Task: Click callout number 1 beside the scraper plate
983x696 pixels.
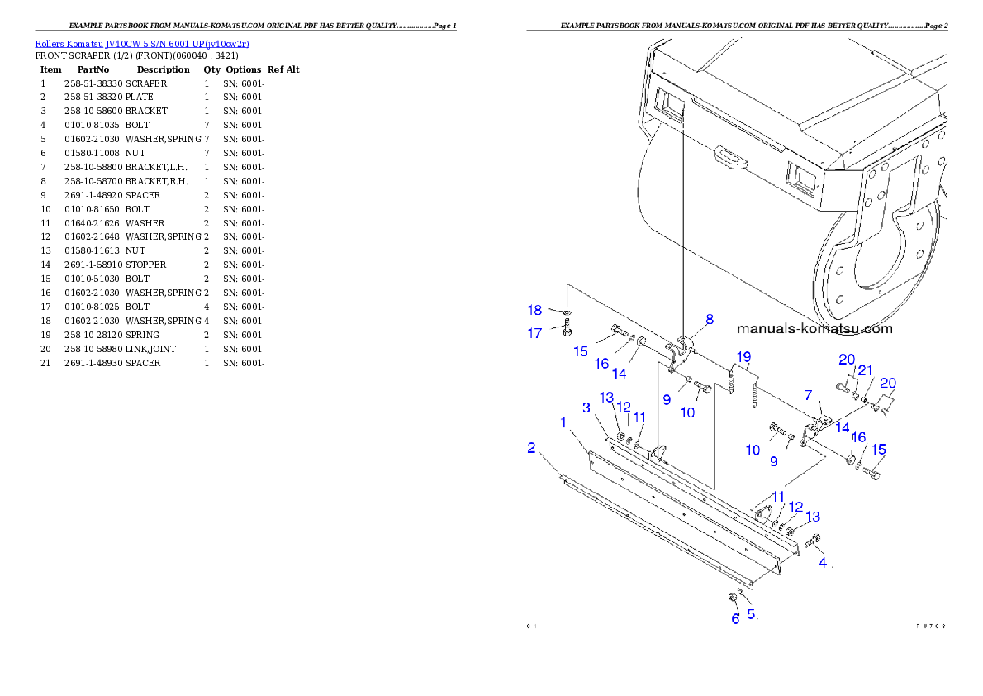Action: point(563,422)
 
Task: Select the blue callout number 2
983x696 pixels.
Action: point(532,448)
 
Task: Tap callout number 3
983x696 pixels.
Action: point(586,408)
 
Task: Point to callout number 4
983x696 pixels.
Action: point(823,563)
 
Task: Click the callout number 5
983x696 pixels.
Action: point(751,614)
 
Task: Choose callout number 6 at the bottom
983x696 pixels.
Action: point(735,618)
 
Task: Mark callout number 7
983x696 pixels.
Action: point(808,394)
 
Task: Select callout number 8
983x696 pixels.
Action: point(709,319)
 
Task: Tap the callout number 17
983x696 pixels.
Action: point(535,333)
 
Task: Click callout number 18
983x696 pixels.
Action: point(535,310)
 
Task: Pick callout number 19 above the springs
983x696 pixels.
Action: point(744,357)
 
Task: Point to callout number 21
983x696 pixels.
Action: point(865,369)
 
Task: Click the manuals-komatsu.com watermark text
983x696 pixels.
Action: point(814,328)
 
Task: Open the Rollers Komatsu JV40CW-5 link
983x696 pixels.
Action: point(141,43)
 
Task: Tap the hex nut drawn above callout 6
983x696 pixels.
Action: point(733,597)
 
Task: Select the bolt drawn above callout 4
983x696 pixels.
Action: point(812,541)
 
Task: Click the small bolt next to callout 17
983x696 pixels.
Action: point(567,332)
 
